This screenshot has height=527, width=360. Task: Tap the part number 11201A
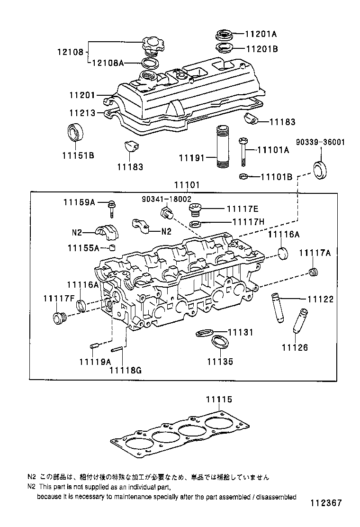click(261, 34)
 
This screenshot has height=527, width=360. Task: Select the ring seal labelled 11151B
click(74, 131)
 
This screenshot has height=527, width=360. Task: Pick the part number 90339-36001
click(321, 142)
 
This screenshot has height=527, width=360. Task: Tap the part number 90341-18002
click(166, 200)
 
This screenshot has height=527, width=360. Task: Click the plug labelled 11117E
click(195, 209)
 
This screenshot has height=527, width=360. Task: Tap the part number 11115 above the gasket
click(219, 400)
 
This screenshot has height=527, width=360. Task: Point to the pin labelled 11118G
click(118, 350)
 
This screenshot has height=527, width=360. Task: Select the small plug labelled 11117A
click(313, 272)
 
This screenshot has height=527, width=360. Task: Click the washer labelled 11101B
click(243, 177)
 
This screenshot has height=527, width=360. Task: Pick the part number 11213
click(82, 113)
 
